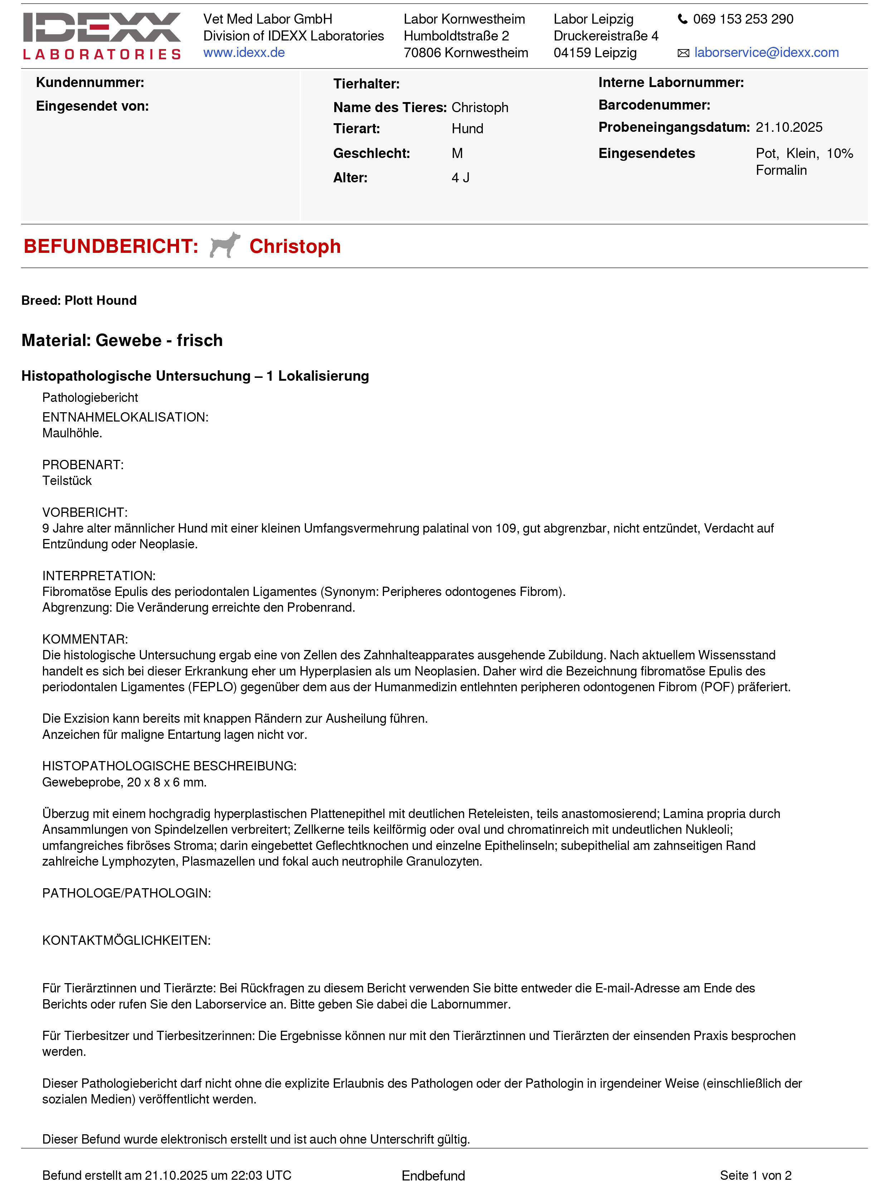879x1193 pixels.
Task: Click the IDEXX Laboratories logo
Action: (102, 36)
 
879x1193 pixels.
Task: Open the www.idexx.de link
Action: (244, 53)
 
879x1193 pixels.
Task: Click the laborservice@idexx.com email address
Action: (766, 53)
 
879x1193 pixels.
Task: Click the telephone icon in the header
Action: (682, 19)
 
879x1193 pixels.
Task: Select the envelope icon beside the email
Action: (683, 53)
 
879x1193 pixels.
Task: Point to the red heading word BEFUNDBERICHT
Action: (111, 246)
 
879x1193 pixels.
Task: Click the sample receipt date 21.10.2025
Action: (788, 127)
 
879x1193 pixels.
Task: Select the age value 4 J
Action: (460, 178)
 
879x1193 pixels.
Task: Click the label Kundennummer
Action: (90, 82)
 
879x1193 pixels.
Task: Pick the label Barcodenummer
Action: (654, 105)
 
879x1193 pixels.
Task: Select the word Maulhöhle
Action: (72, 433)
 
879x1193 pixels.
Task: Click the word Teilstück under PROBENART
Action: (67, 481)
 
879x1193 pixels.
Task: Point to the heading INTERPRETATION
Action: (98, 576)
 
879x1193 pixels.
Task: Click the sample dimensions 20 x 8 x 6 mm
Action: (166, 782)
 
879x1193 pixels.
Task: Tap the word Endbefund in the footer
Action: (433, 1175)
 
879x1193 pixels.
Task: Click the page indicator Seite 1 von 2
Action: (755, 1175)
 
